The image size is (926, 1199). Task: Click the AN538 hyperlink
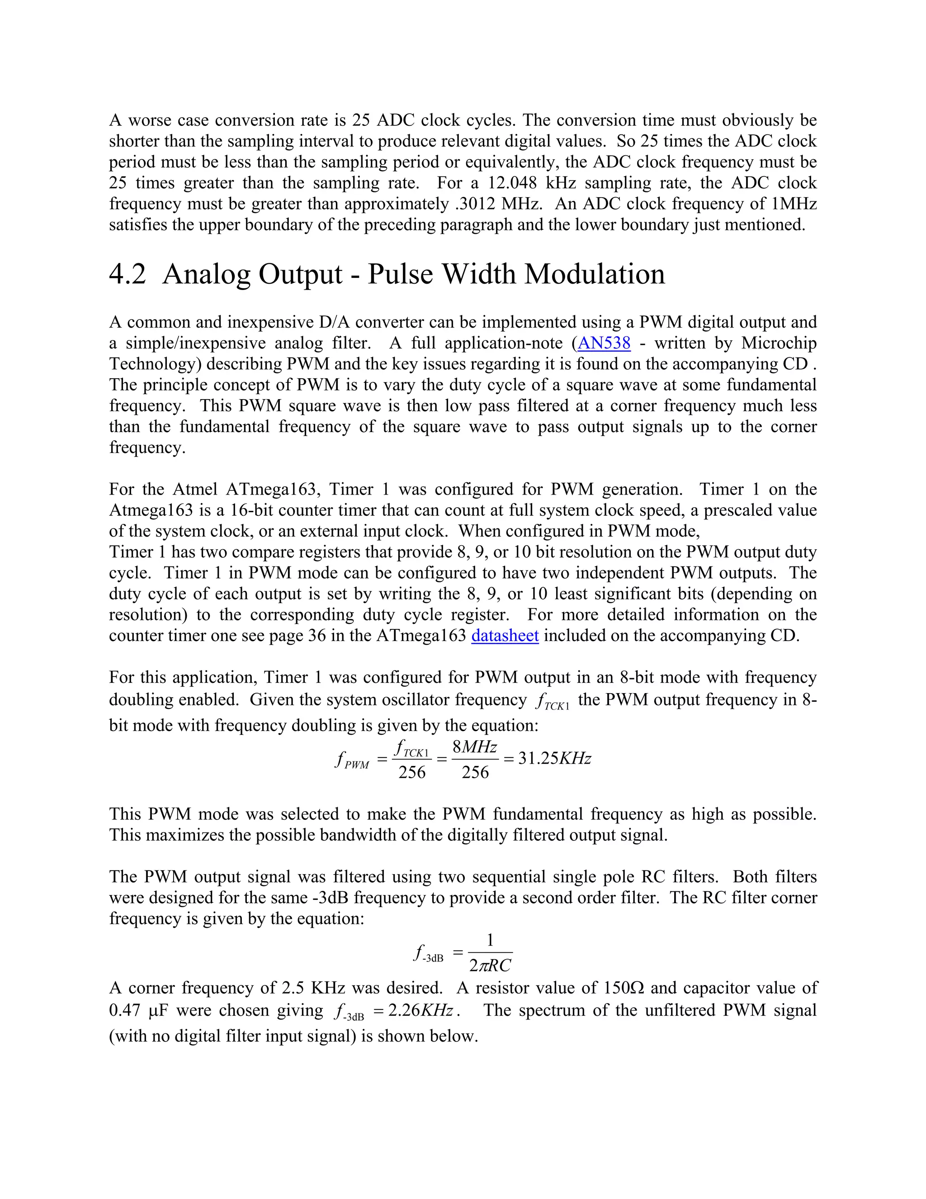(x=604, y=343)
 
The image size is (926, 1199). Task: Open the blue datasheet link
(x=505, y=636)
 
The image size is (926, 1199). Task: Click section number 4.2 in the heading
(x=128, y=274)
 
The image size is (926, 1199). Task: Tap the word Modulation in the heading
(x=595, y=274)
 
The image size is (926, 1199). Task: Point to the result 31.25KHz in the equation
(x=555, y=759)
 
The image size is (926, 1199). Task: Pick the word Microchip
(x=779, y=343)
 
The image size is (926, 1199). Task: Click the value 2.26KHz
(x=420, y=1011)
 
